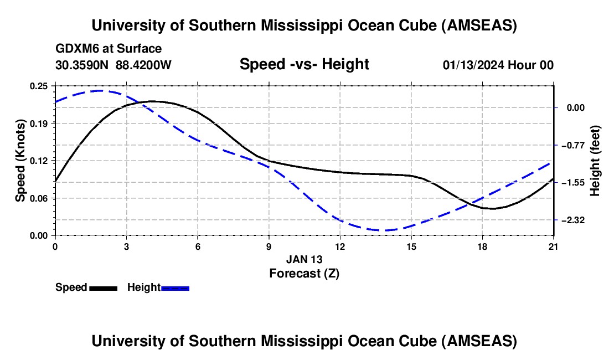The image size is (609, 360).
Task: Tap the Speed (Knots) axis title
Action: click(20, 161)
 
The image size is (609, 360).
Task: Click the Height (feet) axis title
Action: click(595, 161)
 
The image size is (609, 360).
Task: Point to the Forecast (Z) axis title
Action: click(304, 273)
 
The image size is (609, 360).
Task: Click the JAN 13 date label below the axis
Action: click(304, 259)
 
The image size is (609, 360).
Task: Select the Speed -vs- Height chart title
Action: click(304, 64)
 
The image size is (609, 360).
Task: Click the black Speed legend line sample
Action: click(103, 288)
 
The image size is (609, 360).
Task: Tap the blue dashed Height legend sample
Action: click(175, 288)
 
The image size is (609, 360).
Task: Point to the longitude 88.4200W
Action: click(143, 65)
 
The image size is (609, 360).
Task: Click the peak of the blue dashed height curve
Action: click(100, 90)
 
